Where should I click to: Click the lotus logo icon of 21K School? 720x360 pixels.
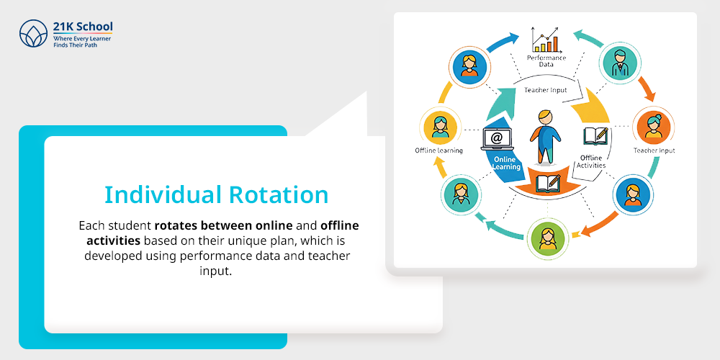pos(34,34)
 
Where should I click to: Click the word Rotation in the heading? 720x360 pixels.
pos(279,194)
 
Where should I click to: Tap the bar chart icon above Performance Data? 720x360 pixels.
pos(546,40)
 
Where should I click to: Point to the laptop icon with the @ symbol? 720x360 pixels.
pos(497,140)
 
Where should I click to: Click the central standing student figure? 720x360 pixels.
pos(545,136)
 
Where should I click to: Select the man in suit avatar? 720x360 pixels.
pos(621,63)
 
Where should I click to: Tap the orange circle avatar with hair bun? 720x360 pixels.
pos(652,126)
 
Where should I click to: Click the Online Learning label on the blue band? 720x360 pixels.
pos(506,163)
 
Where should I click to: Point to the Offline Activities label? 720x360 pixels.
pos(591,161)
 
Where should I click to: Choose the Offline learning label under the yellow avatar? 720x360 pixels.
pos(438,150)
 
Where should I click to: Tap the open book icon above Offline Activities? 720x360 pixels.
pos(595,137)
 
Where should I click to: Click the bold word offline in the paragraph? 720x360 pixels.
pos(340,226)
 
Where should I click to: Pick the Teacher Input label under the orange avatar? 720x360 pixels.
pos(654,150)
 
